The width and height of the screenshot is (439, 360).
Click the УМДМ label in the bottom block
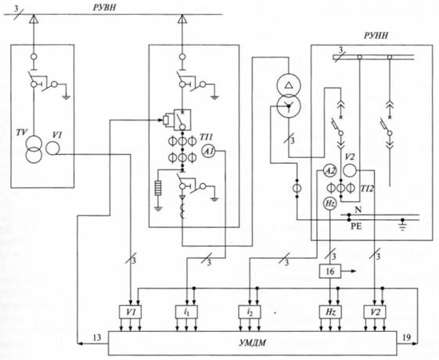(253, 343)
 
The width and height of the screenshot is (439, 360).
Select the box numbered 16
(330, 271)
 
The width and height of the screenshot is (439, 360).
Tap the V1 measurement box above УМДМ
(130, 311)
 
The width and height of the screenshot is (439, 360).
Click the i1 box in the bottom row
(187, 311)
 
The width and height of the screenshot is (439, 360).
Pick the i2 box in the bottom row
(250, 311)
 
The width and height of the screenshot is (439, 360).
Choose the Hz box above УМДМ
(330, 311)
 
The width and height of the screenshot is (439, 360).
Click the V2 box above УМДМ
(375, 311)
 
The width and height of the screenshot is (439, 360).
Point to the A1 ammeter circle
(209, 152)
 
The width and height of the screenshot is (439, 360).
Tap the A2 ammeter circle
(330, 171)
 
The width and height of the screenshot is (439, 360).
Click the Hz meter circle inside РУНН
(330, 203)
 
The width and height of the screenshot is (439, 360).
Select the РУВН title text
(104, 8)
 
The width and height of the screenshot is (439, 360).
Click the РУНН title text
(376, 35)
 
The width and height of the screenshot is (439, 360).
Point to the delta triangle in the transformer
(289, 85)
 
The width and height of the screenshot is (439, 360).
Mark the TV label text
(22, 132)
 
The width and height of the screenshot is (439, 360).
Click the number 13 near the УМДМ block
(97, 337)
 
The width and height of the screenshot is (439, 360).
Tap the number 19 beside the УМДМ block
(406, 337)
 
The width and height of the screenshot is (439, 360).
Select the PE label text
(356, 226)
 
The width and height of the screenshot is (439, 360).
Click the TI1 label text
(207, 137)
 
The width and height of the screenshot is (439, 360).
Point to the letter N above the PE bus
(358, 210)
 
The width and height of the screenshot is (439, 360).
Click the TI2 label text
(367, 189)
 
